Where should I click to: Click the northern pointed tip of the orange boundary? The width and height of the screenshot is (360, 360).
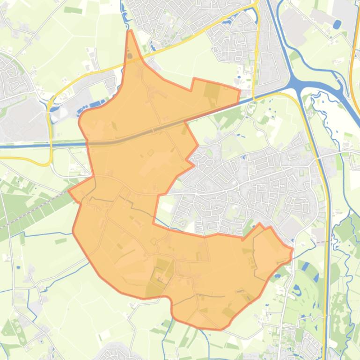130,31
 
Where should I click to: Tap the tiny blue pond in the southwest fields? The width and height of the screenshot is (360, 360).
18,267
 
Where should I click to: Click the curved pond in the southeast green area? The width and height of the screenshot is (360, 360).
296,290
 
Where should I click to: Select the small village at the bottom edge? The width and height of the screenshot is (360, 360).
119,353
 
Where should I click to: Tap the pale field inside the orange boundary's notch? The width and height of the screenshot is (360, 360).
165,206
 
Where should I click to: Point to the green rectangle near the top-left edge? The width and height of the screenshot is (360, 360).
73,10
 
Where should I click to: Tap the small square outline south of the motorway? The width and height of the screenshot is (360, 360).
151,152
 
